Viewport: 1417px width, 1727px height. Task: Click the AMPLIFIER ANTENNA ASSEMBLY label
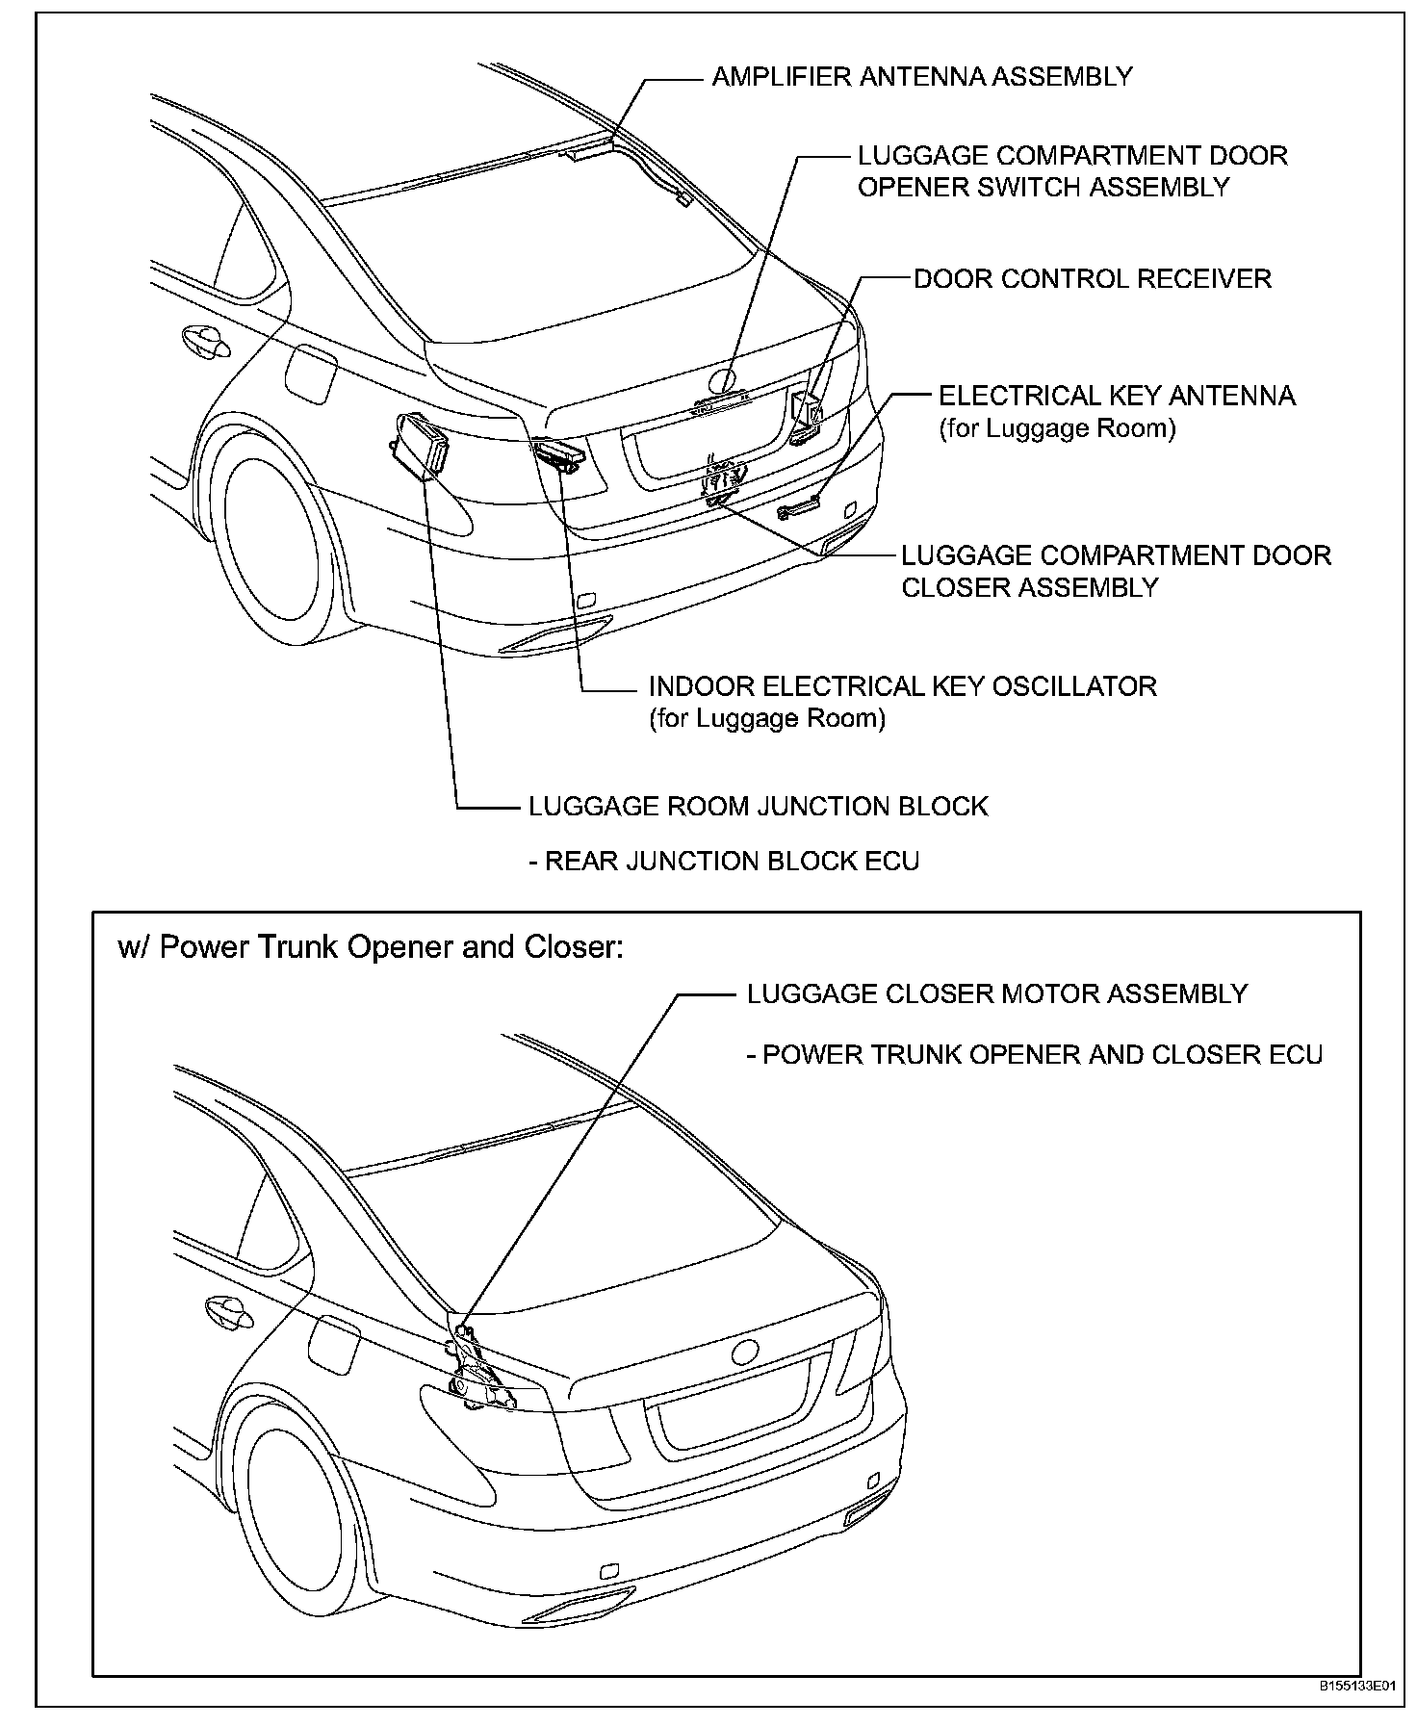point(921,77)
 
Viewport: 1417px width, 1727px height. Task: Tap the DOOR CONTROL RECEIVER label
point(1092,279)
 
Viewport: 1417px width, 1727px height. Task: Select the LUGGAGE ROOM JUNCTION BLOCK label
point(758,806)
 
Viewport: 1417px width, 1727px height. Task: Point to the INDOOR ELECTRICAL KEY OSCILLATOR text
point(902,686)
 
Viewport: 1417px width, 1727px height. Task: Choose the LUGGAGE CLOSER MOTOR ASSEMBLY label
point(996,993)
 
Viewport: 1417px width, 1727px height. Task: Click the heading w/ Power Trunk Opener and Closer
point(371,947)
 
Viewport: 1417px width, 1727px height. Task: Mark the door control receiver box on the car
point(807,411)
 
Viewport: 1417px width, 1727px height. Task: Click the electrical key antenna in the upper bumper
point(798,506)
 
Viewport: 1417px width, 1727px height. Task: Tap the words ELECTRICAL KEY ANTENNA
point(1117,396)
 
